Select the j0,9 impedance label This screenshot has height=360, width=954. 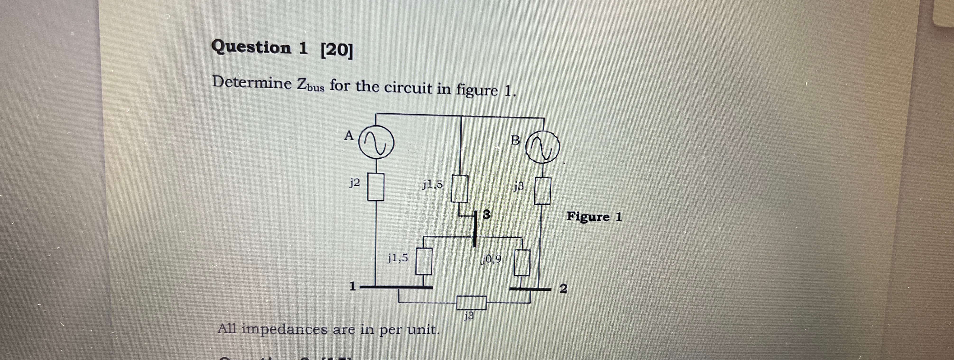tap(492, 259)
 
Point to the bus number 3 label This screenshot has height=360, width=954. tap(487, 214)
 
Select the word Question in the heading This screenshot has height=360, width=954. tap(251, 47)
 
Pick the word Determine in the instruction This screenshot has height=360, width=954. tap(252, 82)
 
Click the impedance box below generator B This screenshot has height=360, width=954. tap(542, 191)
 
